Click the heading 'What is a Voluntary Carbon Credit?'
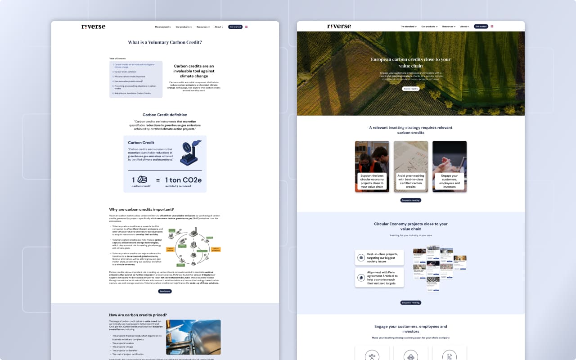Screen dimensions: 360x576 [165, 42]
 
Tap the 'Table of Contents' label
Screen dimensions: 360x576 [117, 58]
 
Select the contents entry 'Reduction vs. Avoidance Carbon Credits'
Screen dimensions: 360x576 [132, 93]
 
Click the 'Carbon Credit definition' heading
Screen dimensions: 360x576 [165, 115]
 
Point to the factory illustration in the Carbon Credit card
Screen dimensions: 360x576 [189, 153]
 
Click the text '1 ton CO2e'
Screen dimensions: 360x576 [183, 180]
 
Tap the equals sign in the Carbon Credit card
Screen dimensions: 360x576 [158, 180]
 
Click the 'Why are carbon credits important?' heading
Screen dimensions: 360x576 [141, 209]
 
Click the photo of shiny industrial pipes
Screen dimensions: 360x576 [193, 337]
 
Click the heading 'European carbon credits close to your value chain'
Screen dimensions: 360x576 [410, 63]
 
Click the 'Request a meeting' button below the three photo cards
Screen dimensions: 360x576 [411, 200]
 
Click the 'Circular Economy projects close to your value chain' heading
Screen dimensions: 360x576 [411, 226]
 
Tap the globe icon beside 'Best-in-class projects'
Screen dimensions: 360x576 [361, 257]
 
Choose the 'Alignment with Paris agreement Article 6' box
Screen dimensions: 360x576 [379, 278]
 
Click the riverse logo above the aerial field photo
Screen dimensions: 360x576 [339, 27]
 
